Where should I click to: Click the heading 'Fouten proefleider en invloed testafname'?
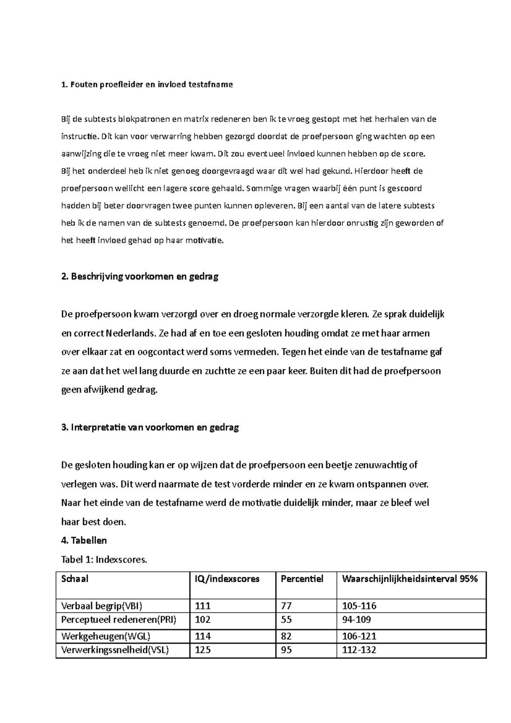tap(147, 84)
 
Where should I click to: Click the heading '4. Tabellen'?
tap(84, 540)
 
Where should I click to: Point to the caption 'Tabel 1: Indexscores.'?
tap(104, 559)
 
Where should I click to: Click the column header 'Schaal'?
tap(75, 579)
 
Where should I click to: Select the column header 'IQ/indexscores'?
tap(227, 579)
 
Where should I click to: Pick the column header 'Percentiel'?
tap(302, 579)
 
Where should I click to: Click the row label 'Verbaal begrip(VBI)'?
tap(102, 606)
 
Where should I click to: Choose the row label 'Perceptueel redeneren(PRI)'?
tap(119, 620)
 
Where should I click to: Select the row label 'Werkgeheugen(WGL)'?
tap(106, 636)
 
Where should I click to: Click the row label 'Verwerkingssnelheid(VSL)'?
tap(115, 650)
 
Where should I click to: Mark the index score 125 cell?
tap(203, 650)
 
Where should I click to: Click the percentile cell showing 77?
tap(286, 606)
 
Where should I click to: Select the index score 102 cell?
tap(203, 620)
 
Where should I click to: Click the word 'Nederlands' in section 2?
tap(130, 333)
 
